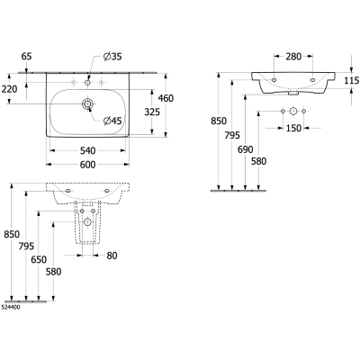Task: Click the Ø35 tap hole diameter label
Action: [x=112, y=57]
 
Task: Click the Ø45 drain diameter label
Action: [x=112, y=121]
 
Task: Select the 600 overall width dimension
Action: [x=88, y=165]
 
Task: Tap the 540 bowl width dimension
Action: [x=88, y=150]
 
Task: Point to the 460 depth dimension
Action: [x=166, y=98]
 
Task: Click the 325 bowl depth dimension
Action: [x=152, y=112]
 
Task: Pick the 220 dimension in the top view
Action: [x=10, y=89]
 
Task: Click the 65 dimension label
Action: [x=26, y=56]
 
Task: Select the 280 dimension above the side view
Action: [x=293, y=56]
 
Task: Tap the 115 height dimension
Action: [x=352, y=80]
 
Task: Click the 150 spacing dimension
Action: [x=293, y=128]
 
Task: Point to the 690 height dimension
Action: [x=246, y=149]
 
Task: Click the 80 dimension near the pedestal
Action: [x=112, y=256]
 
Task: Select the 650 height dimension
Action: [x=39, y=259]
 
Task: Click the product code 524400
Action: [x=11, y=307]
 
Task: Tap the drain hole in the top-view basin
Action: [x=87, y=104]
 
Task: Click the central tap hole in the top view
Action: [x=87, y=82]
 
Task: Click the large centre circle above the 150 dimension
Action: [x=293, y=112]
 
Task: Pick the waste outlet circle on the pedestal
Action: [x=87, y=222]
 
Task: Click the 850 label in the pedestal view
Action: [x=12, y=234]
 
